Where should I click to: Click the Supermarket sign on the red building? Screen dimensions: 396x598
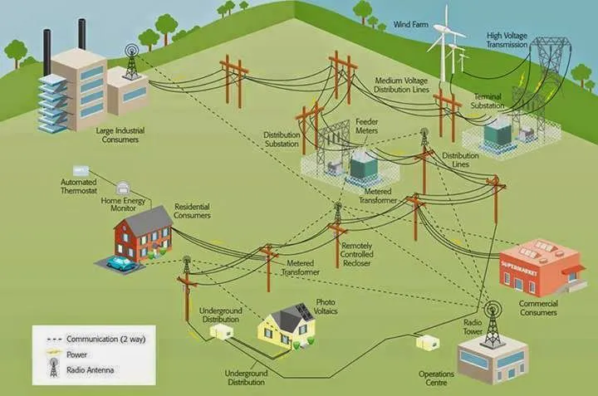[x=519, y=264]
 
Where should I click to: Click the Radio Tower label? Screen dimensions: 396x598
[x=477, y=325]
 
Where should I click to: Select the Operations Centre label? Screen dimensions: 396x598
[x=436, y=378]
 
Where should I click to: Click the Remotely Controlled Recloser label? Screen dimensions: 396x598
[x=362, y=254]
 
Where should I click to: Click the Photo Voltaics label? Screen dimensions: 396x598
[x=326, y=306]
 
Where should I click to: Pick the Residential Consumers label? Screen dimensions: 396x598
[x=192, y=210]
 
